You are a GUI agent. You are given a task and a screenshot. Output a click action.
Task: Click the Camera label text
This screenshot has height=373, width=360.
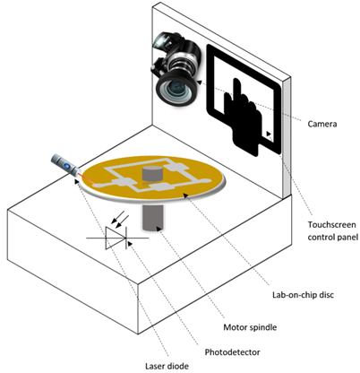pos(322,124)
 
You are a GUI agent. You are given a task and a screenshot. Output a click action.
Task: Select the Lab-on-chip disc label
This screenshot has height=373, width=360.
pos(303,295)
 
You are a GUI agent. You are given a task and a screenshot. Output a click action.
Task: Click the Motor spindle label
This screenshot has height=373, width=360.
pos(250,327)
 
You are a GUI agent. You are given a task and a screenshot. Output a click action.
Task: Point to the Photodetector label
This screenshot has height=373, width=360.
pos(232,352)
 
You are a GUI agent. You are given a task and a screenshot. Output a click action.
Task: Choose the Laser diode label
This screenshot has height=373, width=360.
pos(167,366)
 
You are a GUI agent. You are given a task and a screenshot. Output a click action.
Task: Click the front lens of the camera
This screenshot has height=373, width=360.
pos(176,89)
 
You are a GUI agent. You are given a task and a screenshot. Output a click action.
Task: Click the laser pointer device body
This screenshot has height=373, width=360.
pos(66,164)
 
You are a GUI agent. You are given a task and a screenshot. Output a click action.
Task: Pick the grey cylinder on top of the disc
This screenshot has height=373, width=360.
pos(152,174)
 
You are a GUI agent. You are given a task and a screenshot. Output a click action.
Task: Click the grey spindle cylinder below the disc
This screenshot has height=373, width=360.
pos(153,218)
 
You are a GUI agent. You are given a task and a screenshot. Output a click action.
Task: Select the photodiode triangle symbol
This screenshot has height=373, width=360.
pos(116,238)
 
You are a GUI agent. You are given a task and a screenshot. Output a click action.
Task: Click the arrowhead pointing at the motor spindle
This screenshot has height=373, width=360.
pos(158,229)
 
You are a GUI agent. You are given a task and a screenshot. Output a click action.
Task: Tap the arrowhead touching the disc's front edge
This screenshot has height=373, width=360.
pos(186,195)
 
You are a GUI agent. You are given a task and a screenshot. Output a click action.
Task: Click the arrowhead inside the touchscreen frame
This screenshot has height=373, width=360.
pos(269,134)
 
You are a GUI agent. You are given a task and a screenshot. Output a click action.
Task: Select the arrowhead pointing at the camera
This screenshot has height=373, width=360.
pos(198,82)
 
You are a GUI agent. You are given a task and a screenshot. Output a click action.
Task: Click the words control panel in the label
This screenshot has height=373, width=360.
pos(333,238)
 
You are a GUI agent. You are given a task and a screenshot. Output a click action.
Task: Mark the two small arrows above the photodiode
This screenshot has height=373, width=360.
pos(118,217)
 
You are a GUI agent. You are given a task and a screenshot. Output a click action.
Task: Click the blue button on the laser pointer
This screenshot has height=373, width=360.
pos(67,165)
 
